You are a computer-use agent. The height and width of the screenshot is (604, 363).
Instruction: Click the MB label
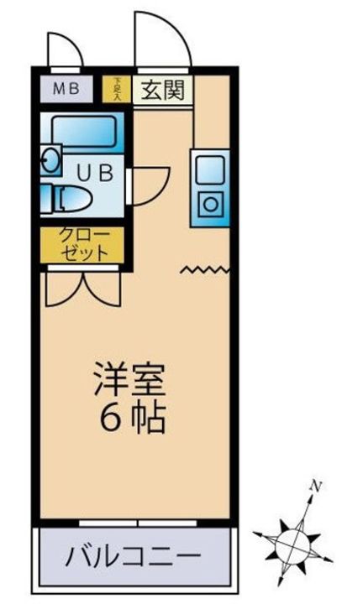(x=66, y=89)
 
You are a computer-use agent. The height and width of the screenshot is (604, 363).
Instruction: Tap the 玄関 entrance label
(x=157, y=88)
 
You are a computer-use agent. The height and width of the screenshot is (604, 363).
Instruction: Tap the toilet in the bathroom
(x=71, y=198)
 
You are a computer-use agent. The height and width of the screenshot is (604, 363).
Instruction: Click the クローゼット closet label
(x=84, y=243)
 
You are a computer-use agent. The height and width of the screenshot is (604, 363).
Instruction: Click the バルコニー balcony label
(x=134, y=555)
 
